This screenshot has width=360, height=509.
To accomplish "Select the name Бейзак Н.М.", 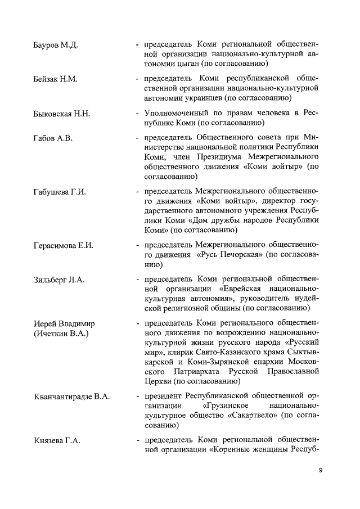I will tap(55, 79).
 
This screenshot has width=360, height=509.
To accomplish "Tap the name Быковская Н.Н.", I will tap(61, 114).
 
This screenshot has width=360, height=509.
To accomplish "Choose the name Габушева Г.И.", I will tap(59, 193).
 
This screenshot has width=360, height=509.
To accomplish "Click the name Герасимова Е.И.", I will tap(62, 245).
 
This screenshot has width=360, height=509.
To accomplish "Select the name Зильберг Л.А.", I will tap(58, 280).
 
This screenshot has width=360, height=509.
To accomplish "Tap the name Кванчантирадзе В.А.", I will tap(70, 397).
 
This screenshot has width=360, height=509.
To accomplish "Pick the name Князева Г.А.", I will tap(57, 440).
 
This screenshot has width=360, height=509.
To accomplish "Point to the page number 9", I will tap(319, 470).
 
